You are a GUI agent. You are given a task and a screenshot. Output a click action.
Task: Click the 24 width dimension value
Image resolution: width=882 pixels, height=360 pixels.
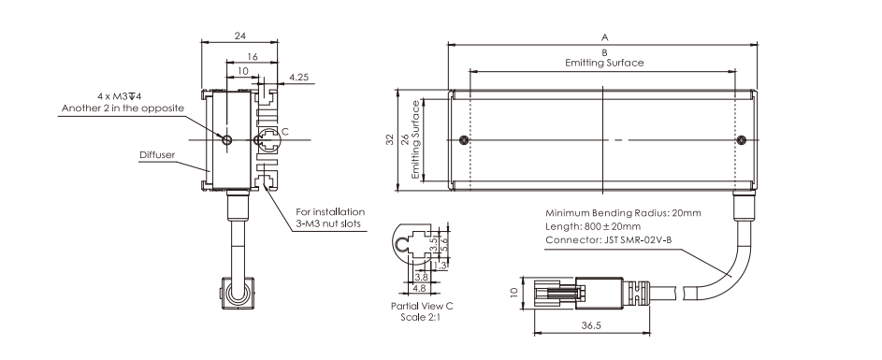[x=240, y=36]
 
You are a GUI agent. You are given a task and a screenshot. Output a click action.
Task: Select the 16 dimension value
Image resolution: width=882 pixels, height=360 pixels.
[x=252, y=57]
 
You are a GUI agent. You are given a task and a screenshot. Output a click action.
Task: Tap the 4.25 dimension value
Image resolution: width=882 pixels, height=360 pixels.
[x=298, y=77]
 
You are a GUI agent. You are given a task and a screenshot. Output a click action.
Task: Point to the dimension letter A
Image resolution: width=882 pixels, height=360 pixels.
[x=605, y=37]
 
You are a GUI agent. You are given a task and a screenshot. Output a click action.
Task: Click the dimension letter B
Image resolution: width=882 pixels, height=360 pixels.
[x=605, y=52]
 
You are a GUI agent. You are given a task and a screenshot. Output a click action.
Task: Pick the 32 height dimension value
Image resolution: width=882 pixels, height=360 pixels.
[x=389, y=140]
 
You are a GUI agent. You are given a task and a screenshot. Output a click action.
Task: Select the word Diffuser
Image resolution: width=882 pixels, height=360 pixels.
[x=157, y=154]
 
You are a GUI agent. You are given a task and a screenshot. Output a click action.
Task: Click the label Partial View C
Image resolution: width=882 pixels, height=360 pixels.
[x=422, y=307]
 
